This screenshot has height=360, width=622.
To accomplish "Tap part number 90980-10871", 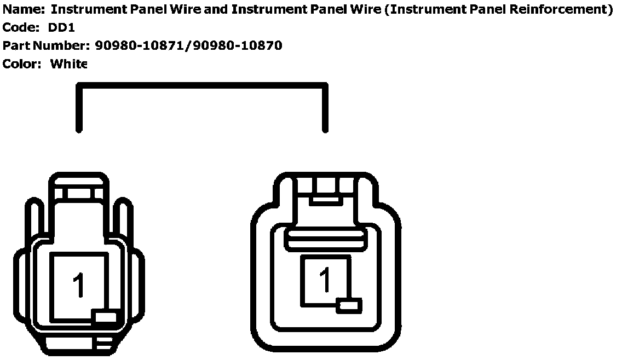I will (140, 45).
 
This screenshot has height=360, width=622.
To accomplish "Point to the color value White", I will (68, 64).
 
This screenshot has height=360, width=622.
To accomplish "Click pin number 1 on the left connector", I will (79, 285).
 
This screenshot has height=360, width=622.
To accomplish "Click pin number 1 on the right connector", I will (326, 280).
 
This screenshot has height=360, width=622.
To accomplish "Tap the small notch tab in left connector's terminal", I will (106, 316).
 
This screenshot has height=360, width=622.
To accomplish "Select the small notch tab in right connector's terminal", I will (349, 305).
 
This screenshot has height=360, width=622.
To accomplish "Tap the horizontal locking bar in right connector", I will (326, 236).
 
